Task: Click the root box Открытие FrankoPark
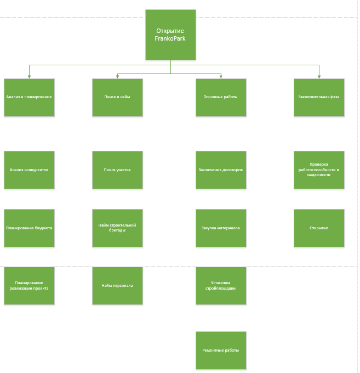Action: tap(170, 35)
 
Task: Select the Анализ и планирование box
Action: tap(29, 98)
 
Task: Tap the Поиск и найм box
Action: tap(117, 98)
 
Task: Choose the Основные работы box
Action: tap(221, 98)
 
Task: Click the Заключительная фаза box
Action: tap(319, 98)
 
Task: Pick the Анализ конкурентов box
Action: tap(29, 170)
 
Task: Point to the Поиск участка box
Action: tap(117, 170)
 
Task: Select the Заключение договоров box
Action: tap(221, 170)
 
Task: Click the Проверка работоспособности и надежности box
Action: tap(319, 170)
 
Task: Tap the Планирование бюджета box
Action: tap(29, 228)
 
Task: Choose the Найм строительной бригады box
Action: tap(117, 228)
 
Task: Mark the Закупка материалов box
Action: tap(221, 228)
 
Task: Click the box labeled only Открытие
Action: tap(319, 228)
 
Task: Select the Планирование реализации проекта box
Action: tap(29, 286)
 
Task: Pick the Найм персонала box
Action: tap(117, 286)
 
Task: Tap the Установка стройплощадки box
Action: tap(221, 286)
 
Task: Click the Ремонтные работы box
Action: tap(221, 351)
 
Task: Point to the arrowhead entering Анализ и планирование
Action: tap(29, 77)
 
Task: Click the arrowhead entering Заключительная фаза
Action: tap(319, 77)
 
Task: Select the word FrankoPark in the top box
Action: tap(170, 38)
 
